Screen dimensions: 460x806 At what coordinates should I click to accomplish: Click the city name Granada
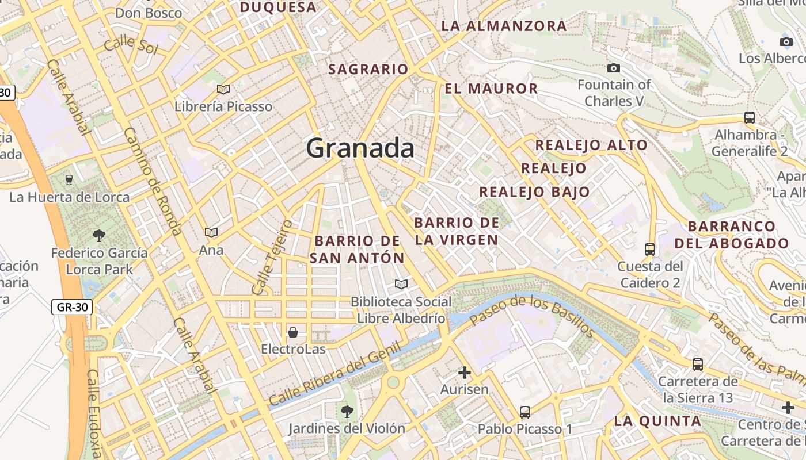[360, 148]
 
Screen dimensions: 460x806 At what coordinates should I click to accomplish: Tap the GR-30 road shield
[72, 307]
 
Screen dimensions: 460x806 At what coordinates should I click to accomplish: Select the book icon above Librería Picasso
[223, 89]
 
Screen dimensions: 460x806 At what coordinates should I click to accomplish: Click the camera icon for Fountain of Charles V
[614, 68]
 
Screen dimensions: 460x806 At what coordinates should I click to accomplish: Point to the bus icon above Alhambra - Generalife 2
[749, 118]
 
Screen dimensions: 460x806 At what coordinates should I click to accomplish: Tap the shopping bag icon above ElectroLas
[293, 332]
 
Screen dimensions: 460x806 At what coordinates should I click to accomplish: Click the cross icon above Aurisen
[465, 373]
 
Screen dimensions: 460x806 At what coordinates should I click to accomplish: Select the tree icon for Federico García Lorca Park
[99, 235]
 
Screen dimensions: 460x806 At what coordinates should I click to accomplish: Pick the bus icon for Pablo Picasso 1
[525, 412]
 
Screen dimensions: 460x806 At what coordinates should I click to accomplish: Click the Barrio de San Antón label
[357, 249]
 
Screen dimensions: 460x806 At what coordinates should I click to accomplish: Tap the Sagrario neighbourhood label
[368, 70]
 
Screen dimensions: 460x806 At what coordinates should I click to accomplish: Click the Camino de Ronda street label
[153, 181]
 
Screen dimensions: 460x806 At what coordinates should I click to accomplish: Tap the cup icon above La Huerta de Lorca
[69, 180]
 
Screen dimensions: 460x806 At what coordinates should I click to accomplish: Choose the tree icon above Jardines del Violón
[347, 411]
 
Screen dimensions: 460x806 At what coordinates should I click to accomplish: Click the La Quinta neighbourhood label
[657, 421]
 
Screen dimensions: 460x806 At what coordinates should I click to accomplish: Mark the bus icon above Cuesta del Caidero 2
[650, 250]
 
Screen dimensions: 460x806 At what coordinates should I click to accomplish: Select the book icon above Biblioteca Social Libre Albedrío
[401, 284]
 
